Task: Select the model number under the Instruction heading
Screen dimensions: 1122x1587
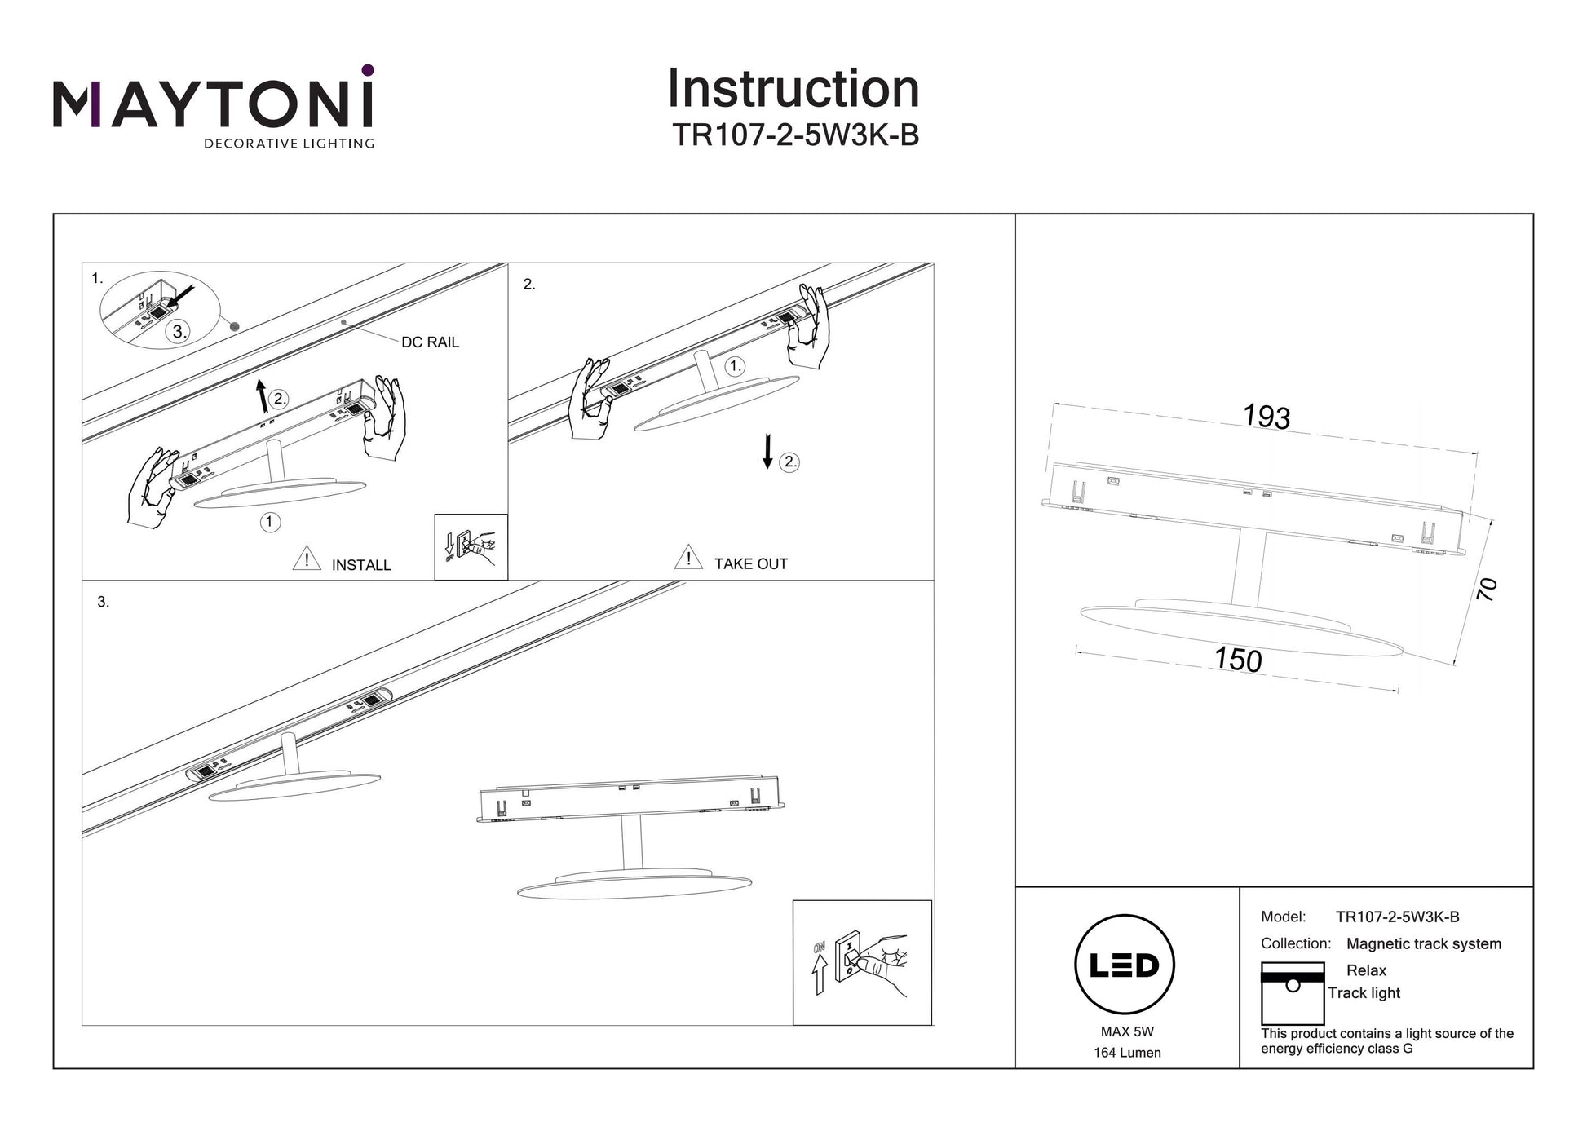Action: tap(795, 135)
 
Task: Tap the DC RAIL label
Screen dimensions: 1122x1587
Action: tap(430, 342)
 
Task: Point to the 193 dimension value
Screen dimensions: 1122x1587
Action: tap(1266, 417)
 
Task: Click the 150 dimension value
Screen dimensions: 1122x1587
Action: tap(1237, 660)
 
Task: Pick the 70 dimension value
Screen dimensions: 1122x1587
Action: tap(1487, 589)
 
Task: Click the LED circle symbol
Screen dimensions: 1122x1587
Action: tap(1125, 965)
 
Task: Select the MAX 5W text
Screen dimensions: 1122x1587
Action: tap(1127, 1032)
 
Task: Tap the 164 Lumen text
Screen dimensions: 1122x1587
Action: tap(1127, 1053)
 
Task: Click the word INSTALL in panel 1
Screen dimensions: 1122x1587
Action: tap(361, 565)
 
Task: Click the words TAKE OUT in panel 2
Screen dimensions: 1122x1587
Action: tap(750, 563)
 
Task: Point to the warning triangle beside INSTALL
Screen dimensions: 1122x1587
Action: tap(307, 559)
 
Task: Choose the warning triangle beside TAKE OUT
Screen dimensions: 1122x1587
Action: tap(688, 557)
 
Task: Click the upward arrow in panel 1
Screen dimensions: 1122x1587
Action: tap(262, 395)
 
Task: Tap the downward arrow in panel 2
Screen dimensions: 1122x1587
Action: tap(767, 452)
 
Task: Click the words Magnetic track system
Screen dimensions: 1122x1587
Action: tap(1423, 943)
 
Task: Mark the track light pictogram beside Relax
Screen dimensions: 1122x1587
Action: tap(1292, 993)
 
